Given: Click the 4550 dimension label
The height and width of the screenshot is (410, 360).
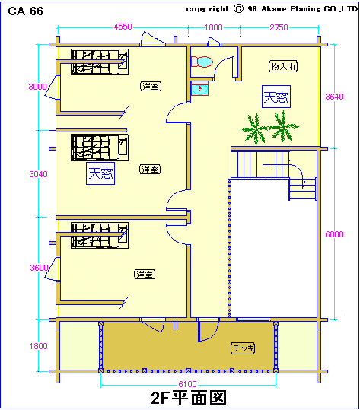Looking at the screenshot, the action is coord(123,27).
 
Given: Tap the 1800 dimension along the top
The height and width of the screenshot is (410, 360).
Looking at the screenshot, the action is coord(213,27).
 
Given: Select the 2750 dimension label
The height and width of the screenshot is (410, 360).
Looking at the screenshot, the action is coord(279,27).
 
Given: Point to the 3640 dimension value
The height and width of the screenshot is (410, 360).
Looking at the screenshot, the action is coord(334,97).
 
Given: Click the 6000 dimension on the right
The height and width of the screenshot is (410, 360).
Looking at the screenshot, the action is coord(334,234).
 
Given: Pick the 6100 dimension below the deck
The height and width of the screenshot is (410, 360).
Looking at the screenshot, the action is coord(187,384).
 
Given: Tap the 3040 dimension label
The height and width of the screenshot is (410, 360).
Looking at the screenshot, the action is coord(39,174).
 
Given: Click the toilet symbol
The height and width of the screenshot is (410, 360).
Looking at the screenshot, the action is coord(202,62).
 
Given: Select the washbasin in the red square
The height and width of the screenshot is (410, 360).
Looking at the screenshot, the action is coord(199,89).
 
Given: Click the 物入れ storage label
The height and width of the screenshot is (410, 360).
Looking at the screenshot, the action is coord(283,66).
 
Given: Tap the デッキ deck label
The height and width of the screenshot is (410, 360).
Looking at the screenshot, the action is coord(243,348).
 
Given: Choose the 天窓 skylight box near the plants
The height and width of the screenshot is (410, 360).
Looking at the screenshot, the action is coord(276,97).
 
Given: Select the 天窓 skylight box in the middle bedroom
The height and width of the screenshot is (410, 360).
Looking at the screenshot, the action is coord(100,173).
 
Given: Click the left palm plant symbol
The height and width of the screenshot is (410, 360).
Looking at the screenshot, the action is coord(254,129).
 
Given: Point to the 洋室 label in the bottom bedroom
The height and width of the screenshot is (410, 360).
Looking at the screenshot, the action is coord(145,274).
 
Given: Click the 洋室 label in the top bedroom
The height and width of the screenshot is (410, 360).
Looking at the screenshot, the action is coord(151,86).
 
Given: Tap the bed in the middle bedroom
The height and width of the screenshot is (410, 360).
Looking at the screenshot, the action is coord(100,148).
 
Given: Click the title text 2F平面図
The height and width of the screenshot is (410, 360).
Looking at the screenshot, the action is coord(189,398).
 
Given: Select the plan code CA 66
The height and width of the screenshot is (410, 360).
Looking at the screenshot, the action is coord(25,11).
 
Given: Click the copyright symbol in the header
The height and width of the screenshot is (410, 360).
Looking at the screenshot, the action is coord(238,9).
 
